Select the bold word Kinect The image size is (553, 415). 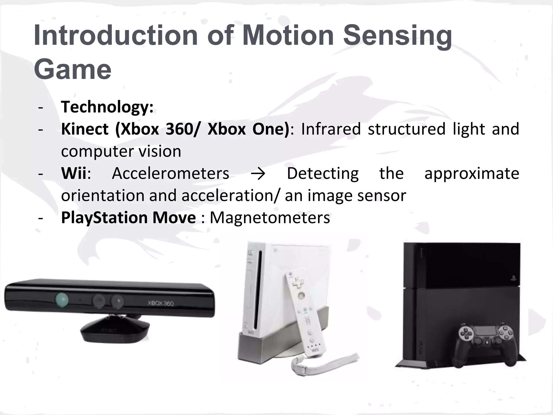[85, 129]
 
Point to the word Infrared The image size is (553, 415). [331, 129]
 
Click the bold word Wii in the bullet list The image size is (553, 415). [73, 173]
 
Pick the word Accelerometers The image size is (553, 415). [170, 173]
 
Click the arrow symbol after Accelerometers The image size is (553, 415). [258, 173]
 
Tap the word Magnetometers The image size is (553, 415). [270, 217]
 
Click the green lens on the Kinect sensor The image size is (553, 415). [62, 300]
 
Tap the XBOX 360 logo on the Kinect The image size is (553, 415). [161, 303]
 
